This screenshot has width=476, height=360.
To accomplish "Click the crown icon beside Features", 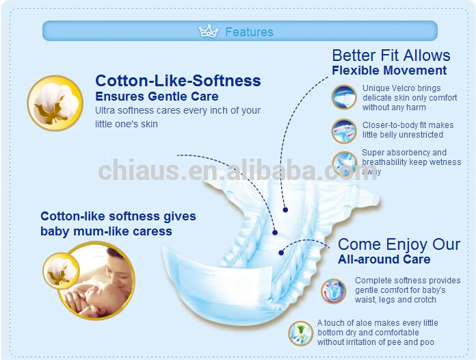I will pos(208,31).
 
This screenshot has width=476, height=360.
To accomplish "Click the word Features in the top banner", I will pos(249,32).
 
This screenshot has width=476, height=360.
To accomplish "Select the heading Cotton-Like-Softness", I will pos(178,81).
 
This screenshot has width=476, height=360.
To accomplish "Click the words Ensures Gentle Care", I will pos(157,97).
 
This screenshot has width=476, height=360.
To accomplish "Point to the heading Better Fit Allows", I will pos(391,55).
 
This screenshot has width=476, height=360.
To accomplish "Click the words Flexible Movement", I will pos(389,70).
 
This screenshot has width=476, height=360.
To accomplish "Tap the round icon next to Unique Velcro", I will pos(344,97).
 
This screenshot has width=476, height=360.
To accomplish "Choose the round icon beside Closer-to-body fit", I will pos(344,130).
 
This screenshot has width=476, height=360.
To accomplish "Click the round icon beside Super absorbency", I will pos(344,162).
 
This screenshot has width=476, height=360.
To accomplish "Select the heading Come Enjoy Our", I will pos(399,244).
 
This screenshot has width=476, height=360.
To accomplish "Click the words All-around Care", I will pos(384,259).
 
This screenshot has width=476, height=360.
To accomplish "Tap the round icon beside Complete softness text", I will pos(334,290).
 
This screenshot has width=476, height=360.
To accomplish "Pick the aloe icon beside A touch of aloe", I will pos(300,333).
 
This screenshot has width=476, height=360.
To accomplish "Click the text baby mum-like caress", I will pos(106,231).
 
